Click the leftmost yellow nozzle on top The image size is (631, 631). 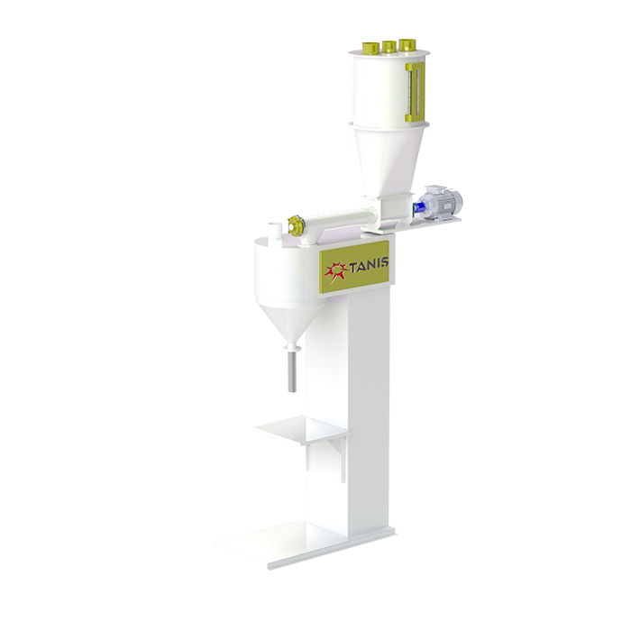point(369,48)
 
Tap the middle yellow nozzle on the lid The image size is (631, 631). point(389,47)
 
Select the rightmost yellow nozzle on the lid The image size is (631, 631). point(407,45)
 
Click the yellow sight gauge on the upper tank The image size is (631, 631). point(415,92)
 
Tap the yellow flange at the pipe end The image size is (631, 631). point(295,225)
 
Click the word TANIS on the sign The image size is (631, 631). point(369,264)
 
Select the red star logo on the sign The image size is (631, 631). point(336,271)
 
